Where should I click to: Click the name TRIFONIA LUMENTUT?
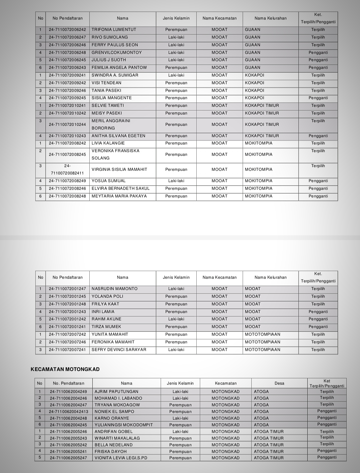pos(114,30)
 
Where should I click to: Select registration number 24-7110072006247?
pos(67,37)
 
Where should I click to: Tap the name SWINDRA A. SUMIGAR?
pos(115,75)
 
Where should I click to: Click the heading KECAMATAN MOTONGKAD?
pos(65,369)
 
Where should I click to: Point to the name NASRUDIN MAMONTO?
pos(114,289)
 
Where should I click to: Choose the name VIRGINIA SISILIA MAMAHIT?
pos(119,170)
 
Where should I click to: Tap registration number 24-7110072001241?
pos(67,327)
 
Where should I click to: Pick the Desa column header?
pos(279,383)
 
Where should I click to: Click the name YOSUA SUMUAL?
pos(109,181)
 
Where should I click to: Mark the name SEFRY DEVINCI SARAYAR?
pos(119,350)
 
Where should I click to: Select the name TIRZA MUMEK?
pos(106,327)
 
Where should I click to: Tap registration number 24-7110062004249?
pos(68,392)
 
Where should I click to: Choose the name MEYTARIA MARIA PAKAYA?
pos(119,196)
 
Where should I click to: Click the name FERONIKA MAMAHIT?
pos(113,342)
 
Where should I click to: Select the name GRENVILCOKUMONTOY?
pos(117,53)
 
